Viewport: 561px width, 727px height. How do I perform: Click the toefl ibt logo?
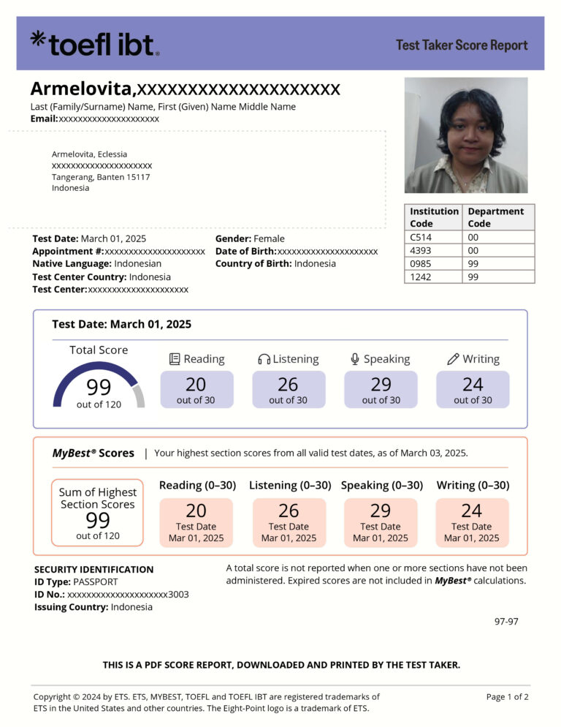point(93,44)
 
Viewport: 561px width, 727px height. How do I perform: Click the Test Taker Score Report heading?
point(462,45)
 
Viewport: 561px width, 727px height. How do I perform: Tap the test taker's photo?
point(466,135)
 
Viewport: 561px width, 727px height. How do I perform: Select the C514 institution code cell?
point(419,237)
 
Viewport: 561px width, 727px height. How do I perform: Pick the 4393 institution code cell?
point(421,250)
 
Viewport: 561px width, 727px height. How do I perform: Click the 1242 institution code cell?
point(421,276)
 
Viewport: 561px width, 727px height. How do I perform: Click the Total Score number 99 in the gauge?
point(99,387)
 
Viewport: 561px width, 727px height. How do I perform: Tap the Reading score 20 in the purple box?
point(196,384)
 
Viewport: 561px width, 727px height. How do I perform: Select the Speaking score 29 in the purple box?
point(381,384)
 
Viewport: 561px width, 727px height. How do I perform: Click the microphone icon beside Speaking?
point(355,359)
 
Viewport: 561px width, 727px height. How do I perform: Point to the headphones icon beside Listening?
point(264,359)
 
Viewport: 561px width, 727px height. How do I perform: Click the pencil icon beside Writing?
point(453,359)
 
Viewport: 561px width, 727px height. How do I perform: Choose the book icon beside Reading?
point(175,359)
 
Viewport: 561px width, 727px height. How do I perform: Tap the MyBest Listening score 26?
point(289,511)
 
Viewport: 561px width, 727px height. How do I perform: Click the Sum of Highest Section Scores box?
point(98,513)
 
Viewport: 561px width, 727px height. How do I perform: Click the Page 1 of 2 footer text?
point(507,697)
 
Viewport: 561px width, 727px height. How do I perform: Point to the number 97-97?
point(506,621)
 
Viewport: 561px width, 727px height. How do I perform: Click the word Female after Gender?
point(269,238)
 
